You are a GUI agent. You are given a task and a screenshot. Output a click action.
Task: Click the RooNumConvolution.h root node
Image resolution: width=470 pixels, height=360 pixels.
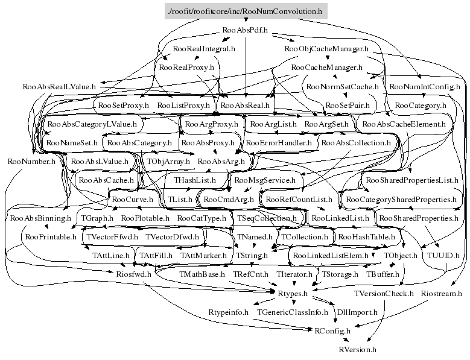[x=246, y=11]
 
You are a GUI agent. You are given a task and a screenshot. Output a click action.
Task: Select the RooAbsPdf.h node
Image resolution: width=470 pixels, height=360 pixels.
[x=246, y=30]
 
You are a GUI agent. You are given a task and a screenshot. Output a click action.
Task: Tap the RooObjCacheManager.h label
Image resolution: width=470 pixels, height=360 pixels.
[x=326, y=48]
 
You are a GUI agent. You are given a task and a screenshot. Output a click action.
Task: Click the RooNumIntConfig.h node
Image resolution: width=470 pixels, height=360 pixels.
[x=425, y=87]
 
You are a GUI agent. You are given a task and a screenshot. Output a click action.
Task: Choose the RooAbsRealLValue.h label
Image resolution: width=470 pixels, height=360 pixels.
[x=59, y=87]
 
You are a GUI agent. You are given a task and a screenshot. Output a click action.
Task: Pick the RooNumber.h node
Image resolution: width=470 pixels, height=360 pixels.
[x=31, y=162]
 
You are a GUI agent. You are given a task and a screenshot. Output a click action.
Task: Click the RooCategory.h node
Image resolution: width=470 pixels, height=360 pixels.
[x=421, y=106]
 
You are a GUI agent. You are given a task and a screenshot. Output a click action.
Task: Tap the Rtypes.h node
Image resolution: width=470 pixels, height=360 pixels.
[x=293, y=293]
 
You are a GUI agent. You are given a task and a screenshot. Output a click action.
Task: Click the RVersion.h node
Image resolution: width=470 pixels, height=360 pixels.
[x=357, y=349]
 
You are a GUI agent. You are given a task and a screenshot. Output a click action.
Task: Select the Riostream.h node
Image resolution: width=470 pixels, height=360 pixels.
[x=440, y=293]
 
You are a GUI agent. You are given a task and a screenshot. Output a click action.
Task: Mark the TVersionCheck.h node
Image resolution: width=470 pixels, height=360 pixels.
[x=384, y=293]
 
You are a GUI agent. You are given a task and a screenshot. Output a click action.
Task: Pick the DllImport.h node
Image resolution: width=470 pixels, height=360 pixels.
[x=357, y=312]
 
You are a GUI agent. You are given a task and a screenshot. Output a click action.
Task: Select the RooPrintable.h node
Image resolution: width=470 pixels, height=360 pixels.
[x=51, y=237]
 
